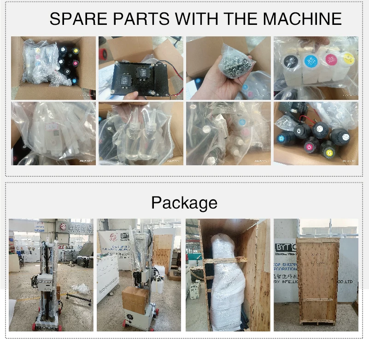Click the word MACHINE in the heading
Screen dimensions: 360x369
click(x=302, y=19)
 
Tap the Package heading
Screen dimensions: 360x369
click(x=184, y=203)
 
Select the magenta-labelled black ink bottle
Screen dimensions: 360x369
click(x=311, y=147)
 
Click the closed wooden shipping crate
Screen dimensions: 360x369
click(x=317, y=281)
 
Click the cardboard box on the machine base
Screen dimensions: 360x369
click(x=135, y=300)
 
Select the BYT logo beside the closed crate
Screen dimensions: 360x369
click(x=286, y=247)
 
